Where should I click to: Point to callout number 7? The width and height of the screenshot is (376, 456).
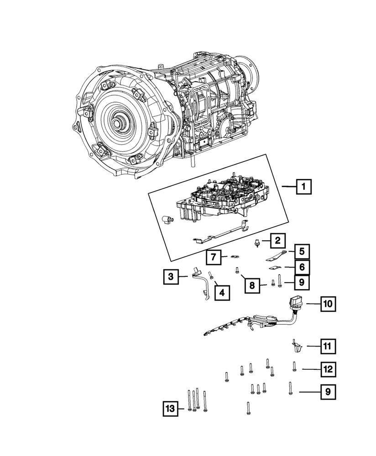[213, 257]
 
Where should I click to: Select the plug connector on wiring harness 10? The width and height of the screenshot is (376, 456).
[295, 303]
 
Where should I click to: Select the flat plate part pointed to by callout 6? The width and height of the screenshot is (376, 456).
[274, 268]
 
